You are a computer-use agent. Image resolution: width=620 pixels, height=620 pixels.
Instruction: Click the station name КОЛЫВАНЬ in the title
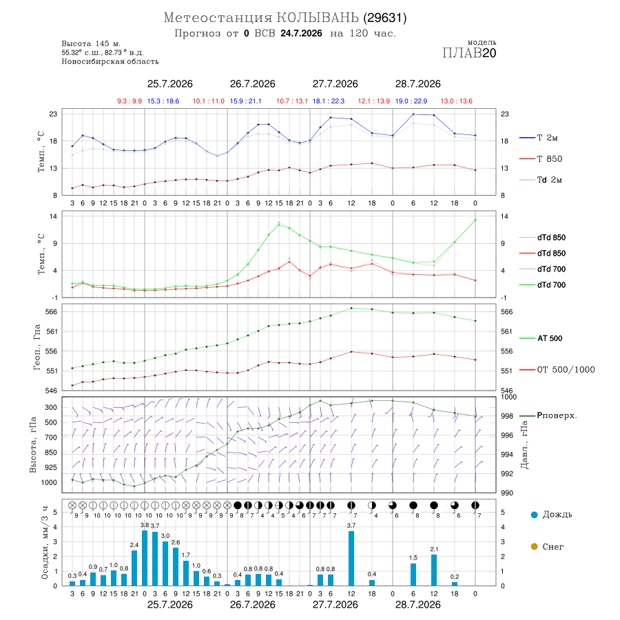[x=318, y=18]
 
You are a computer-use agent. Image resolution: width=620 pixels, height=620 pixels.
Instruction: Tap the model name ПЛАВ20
[x=469, y=52]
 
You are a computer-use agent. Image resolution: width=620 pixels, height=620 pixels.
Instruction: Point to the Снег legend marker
[x=534, y=546]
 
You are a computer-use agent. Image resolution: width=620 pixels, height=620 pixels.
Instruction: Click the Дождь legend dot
[x=534, y=515]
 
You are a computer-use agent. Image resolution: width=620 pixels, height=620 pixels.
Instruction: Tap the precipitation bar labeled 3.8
[x=145, y=558]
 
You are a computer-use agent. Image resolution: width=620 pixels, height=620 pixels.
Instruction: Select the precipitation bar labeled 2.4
[x=134, y=568]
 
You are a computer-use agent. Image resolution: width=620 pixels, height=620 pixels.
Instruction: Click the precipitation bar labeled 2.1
[x=434, y=570]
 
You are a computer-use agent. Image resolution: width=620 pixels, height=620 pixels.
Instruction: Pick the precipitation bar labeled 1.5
[x=413, y=575]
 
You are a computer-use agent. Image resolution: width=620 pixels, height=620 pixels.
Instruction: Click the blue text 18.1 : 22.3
[x=329, y=101]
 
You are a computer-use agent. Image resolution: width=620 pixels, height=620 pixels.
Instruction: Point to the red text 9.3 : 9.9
[x=130, y=101]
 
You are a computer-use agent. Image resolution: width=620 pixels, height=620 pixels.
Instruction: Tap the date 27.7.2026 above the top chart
[x=335, y=84]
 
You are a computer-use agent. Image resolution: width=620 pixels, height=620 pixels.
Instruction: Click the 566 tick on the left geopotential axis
[x=52, y=311]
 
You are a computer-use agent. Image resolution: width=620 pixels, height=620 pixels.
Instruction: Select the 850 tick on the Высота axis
[x=50, y=453]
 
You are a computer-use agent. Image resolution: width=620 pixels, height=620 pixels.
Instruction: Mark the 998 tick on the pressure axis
[x=506, y=416]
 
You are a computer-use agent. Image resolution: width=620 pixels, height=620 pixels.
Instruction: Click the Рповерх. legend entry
[x=557, y=415]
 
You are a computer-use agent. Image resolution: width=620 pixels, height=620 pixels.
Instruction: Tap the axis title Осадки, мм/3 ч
[x=44, y=543]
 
